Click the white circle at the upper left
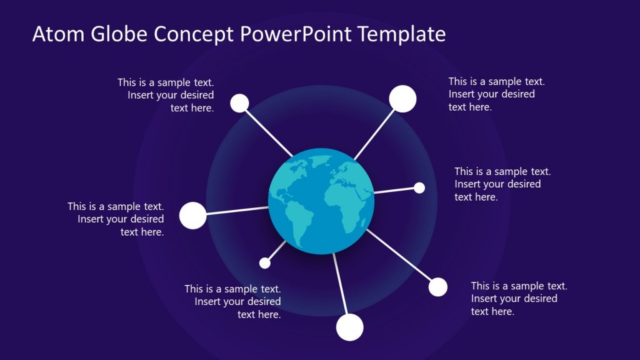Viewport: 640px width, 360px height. (x=239, y=103)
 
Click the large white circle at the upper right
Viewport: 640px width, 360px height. (x=402, y=99)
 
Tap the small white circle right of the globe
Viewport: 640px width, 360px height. (x=419, y=187)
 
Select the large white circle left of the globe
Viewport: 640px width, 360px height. (x=192, y=215)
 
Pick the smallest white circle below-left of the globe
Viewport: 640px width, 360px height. (x=265, y=263)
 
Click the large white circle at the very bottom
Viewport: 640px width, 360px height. (x=349, y=327)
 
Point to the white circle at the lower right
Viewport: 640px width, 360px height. (x=438, y=287)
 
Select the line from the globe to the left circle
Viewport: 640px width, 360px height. (x=237, y=210)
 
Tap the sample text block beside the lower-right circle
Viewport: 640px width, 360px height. (x=518, y=299)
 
